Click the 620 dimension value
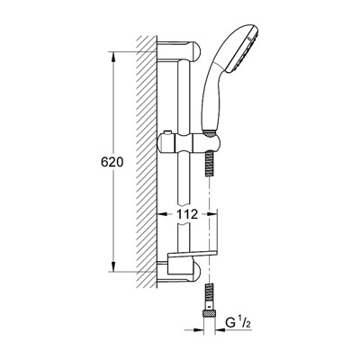(112, 162)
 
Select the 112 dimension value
(187, 214)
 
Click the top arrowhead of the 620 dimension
(113, 58)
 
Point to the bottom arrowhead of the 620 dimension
(113, 266)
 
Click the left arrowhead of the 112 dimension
(162, 214)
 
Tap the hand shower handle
(214, 96)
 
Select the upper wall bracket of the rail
(179, 52)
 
